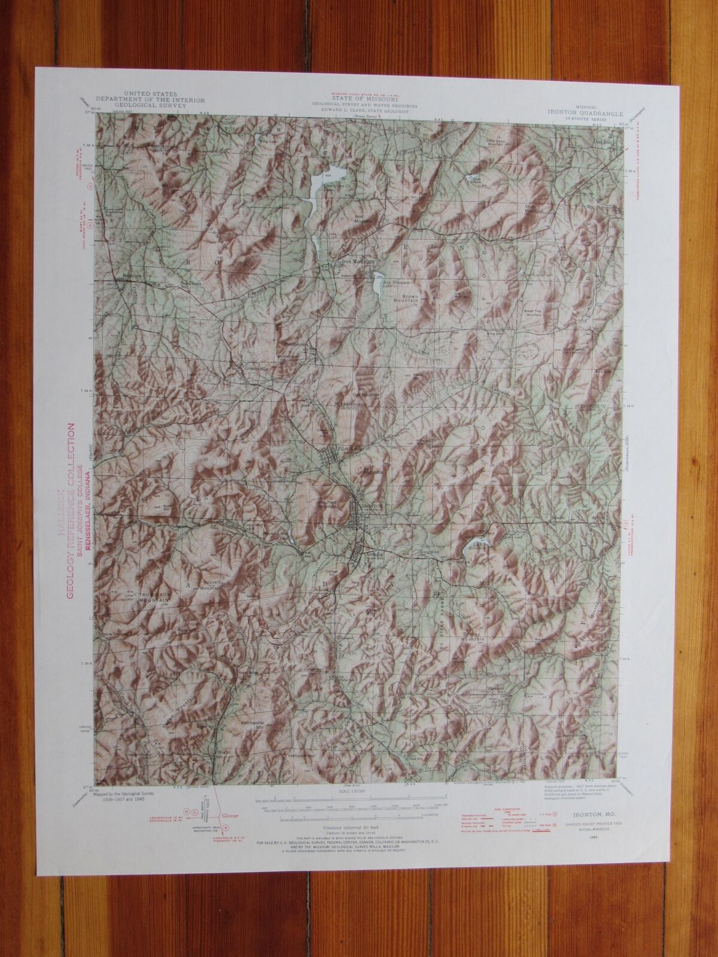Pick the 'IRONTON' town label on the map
point(369,505)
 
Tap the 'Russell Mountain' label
point(209,584)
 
